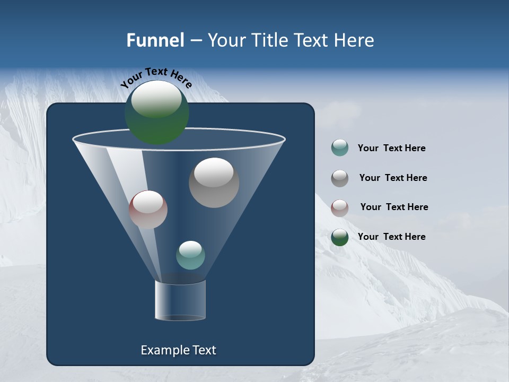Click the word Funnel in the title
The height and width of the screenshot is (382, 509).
tap(155, 40)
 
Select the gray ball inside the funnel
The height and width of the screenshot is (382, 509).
tap(214, 183)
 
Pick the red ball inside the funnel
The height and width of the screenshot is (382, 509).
tap(148, 210)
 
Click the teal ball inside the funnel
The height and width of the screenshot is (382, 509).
tap(190, 255)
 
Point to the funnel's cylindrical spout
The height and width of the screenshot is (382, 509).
tap(180, 300)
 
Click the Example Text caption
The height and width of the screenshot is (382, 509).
tap(178, 350)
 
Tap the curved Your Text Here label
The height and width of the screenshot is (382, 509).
tap(156, 77)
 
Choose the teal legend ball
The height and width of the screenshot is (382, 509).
tap(340, 148)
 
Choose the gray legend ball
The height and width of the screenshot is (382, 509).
tap(340, 178)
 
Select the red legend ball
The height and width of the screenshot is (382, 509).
tap(340, 208)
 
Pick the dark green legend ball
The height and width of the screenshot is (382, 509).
tap(340, 237)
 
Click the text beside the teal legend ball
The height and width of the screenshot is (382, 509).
tap(391, 149)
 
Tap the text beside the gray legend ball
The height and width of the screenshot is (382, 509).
tap(393, 178)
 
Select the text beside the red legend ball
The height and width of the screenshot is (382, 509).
tap(394, 207)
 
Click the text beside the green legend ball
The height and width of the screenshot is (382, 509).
tap(391, 237)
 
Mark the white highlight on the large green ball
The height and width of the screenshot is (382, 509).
tap(156, 99)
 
